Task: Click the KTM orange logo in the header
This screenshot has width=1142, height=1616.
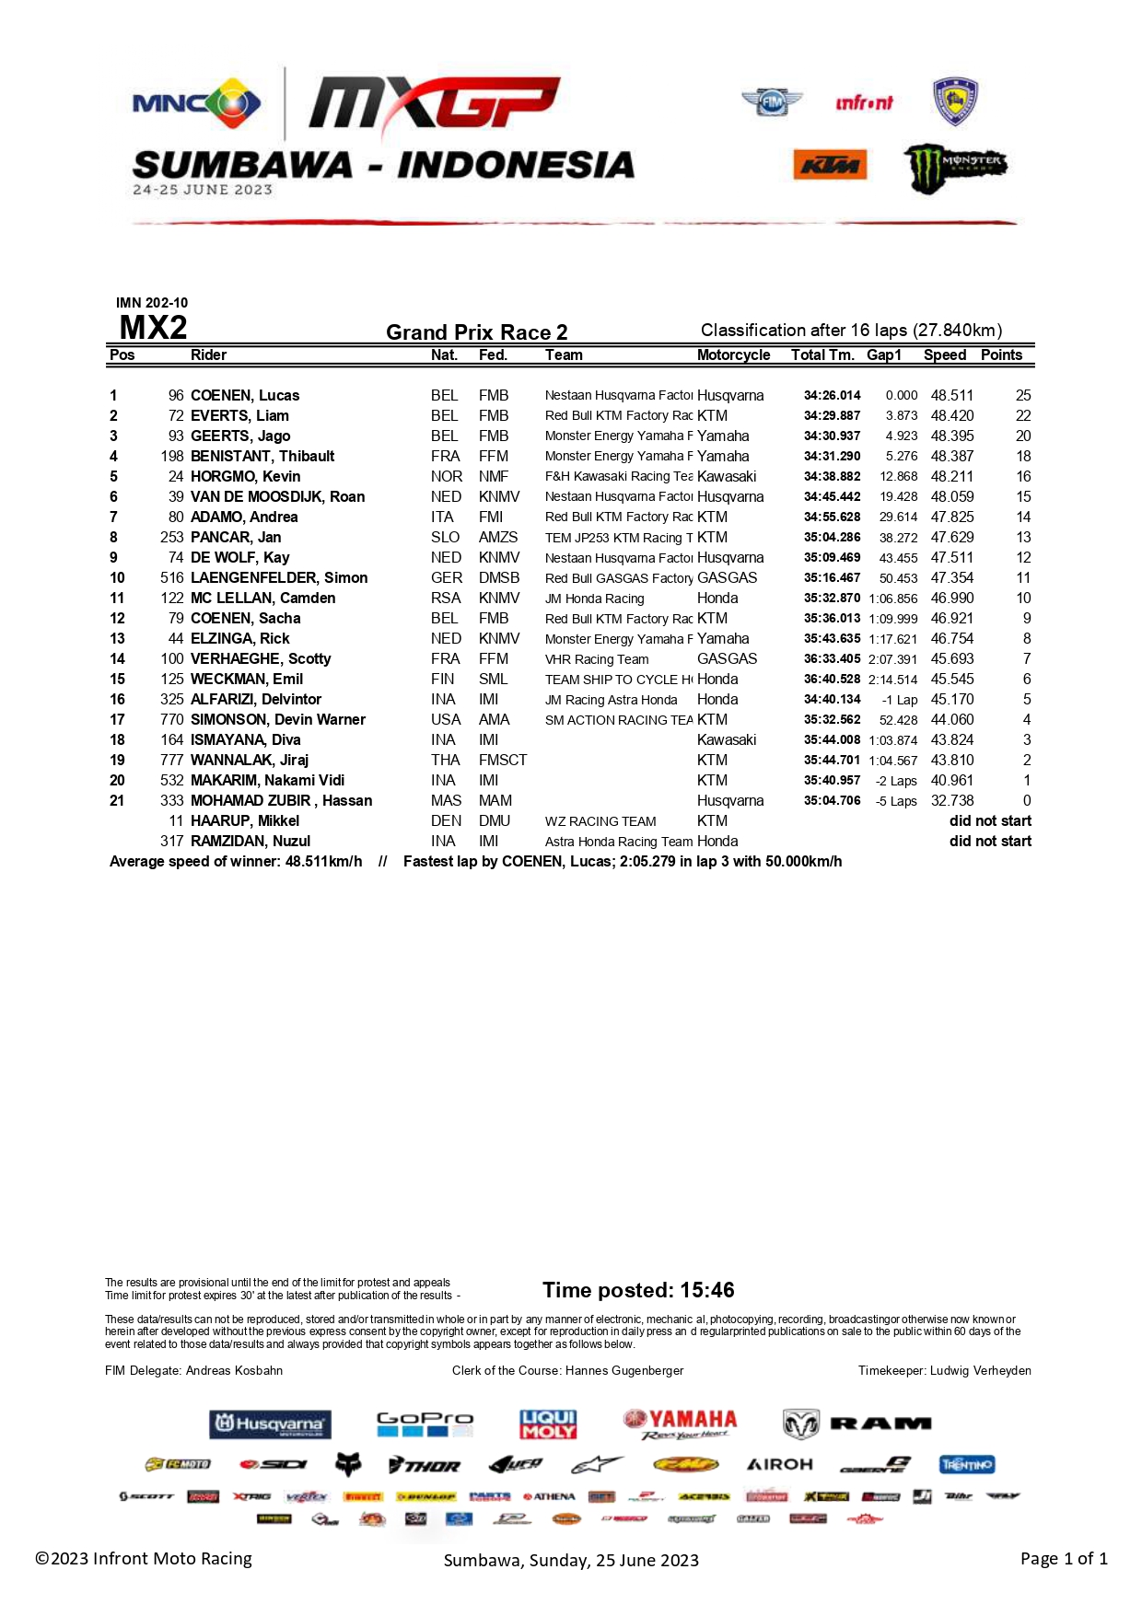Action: point(829,166)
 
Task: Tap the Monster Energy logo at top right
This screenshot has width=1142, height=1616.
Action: point(954,167)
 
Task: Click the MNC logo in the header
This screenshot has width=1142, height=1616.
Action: point(196,103)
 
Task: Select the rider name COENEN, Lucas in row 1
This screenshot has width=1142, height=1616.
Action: point(245,395)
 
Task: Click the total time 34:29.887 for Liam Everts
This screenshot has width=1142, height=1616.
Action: point(832,415)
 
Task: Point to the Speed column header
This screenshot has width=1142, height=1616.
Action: point(945,355)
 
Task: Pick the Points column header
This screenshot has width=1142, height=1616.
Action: point(1001,355)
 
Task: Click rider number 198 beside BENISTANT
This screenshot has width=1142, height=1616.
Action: point(172,456)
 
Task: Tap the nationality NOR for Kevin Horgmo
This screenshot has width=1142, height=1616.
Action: point(447,476)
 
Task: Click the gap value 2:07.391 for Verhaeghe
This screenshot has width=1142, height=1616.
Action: point(892,659)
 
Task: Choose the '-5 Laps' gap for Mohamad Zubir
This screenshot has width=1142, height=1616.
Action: point(896,801)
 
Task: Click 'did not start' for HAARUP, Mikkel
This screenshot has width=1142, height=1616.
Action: point(990,820)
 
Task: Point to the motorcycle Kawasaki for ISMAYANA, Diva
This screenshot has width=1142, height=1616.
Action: point(727,739)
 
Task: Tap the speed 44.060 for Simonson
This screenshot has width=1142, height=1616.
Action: point(951,719)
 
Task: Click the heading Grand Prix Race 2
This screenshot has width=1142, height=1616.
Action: point(476,331)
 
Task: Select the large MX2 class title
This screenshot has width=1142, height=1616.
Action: point(153,328)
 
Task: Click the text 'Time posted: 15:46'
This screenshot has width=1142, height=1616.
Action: point(638,1289)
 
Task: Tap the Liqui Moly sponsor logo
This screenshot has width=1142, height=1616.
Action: point(548,1424)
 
